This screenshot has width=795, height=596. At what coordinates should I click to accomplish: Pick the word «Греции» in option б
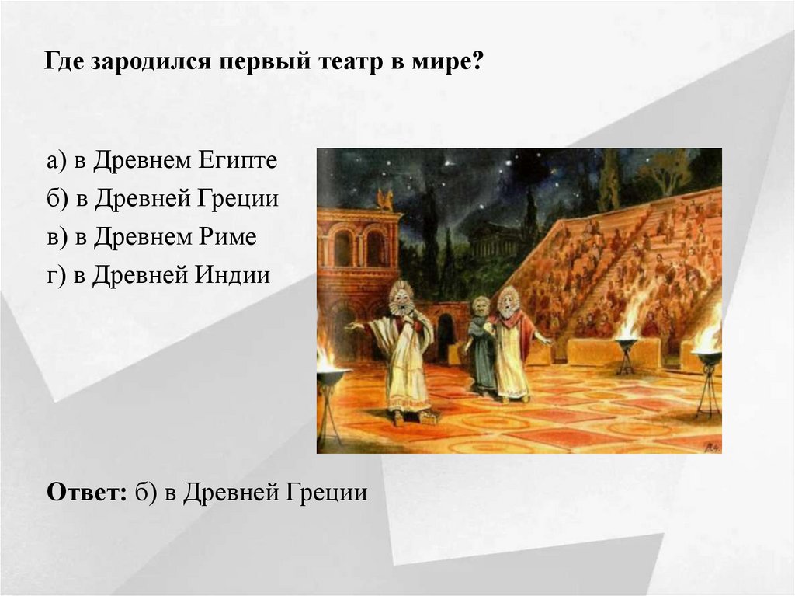tap(241, 199)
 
